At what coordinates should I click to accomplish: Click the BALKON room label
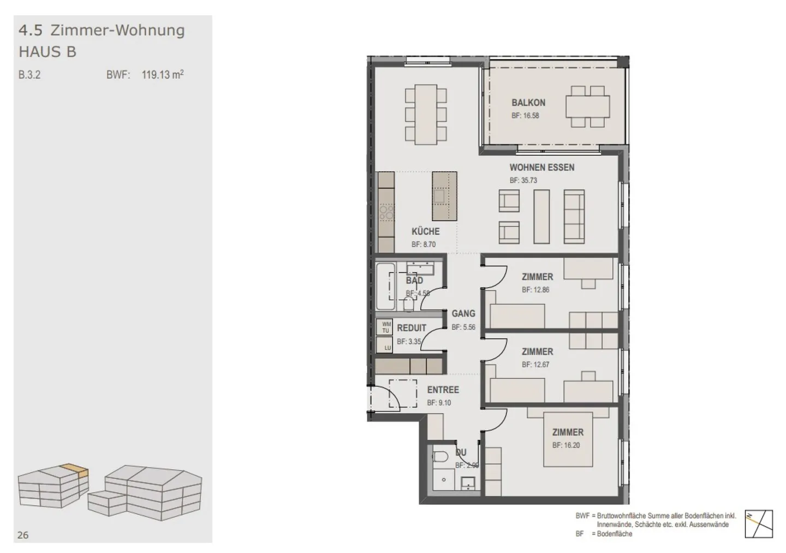pyautogui.click(x=528, y=103)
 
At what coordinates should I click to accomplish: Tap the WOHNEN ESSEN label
pyautogui.click(x=541, y=168)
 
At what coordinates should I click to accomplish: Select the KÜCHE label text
pyautogui.click(x=425, y=231)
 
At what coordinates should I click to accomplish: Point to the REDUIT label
pyautogui.click(x=411, y=328)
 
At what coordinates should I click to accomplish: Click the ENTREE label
pyautogui.click(x=443, y=390)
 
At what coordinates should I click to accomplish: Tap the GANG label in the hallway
pyautogui.click(x=463, y=314)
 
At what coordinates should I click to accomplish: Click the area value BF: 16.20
pyautogui.click(x=565, y=445)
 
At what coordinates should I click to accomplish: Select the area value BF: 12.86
pyautogui.click(x=535, y=290)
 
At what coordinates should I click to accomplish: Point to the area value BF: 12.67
pyautogui.click(x=535, y=365)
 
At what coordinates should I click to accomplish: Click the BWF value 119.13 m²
pyautogui.click(x=162, y=75)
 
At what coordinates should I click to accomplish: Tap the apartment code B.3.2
pyautogui.click(x=29, y=75)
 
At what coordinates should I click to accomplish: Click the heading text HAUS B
pyautogui.click(x=47, y=52)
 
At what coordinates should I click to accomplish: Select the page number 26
pyautogui.click(x=23, y=535)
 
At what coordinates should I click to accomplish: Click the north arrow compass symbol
pyautogui.click(x=759, y=524)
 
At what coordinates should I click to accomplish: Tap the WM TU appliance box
pyautogui.click(x=385, y=328)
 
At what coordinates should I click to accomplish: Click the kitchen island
pyautogui.click(x=444, y=196)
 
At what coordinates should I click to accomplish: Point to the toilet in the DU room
pyautogui.click(x=439, y=456)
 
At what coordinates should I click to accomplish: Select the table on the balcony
pyautogui.click(x=587, y=106)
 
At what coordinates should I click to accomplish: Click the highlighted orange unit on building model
pyautogui.click(x=75, y=469)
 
